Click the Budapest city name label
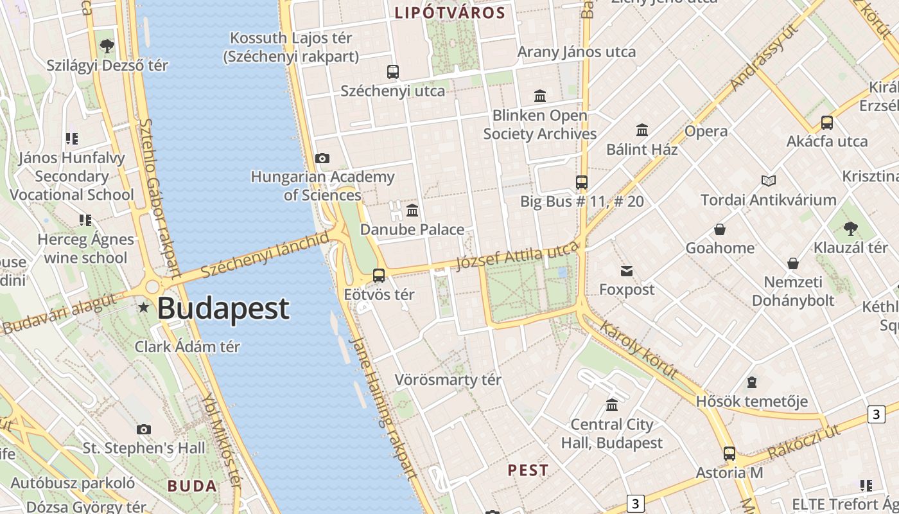pos(223,308)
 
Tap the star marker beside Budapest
pos(143,308)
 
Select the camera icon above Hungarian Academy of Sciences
pos(322,158)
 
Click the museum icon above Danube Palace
pos(412,210)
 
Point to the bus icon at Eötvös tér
pos(379,276)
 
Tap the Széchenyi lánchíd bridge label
pos(265,255)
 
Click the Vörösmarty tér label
pos(448,380)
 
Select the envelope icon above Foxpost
pos(627,271)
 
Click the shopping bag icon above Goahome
pos(720,229)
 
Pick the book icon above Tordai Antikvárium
pos(769,181)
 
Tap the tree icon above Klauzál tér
pos(851,228)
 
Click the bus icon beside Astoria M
pos(729,454)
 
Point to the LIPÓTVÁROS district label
pos(449,13)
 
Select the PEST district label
pos(528,470)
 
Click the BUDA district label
pos(192,486)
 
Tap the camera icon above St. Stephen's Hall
pos(144,429)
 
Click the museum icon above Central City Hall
pos(612,405)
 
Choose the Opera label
pos(706,131)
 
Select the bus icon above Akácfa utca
pos(827,123)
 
